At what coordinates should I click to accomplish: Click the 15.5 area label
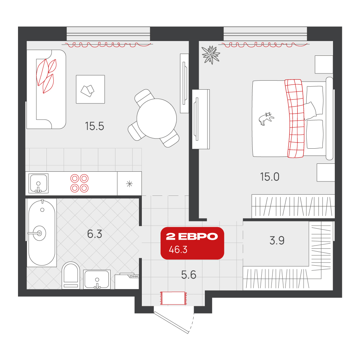click(94, 126)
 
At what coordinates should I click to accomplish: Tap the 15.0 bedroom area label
click(270, 177)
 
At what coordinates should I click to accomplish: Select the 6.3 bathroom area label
click(95, 234)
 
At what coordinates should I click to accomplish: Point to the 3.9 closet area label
click(277, 240)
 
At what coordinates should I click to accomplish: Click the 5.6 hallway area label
click(189, 275)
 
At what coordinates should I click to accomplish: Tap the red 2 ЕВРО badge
click(192, 243)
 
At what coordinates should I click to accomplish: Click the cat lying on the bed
click(266, 118)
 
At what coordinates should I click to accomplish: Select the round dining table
click(157, 118)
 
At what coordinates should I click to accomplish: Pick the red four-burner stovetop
click(80, 183)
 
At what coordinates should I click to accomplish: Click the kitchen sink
click(39, 183)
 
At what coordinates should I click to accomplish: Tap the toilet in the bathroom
click(71, 275)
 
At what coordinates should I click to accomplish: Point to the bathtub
click(42, 233)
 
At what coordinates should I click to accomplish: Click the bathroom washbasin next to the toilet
click(96, 279)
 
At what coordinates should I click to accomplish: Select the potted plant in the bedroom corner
click(211, 55)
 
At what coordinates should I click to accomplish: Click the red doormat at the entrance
click(174, 298)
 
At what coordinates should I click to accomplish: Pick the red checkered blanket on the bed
click(294, 118)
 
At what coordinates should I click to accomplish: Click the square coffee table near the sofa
click(90, 89)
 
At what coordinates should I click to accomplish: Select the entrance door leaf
click(171, 322)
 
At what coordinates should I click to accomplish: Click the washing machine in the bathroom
click(127, 281)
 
